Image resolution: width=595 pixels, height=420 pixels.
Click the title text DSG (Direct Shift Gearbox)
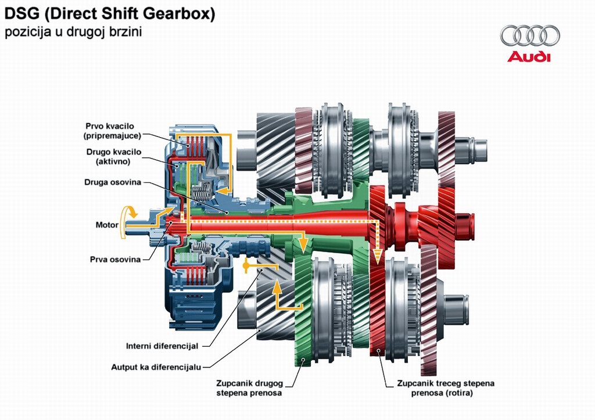coord(110,14)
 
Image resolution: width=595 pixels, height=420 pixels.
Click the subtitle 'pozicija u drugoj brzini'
coord(73,32)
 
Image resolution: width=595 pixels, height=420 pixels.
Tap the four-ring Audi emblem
coord(530,35)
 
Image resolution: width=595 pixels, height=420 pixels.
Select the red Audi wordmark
coord(529,56)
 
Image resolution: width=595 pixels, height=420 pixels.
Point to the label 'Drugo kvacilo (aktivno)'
coord(113,156)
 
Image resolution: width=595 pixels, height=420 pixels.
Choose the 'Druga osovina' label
coord(113,182)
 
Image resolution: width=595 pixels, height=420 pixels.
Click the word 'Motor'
coord(107,225)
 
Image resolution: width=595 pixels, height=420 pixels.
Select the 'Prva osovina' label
coord(115,260)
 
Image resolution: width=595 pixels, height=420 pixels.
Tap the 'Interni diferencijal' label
coord(162,346)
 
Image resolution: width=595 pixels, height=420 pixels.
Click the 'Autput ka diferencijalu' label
coord(156,367)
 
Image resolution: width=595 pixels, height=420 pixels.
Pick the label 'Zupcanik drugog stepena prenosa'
coord(249,388)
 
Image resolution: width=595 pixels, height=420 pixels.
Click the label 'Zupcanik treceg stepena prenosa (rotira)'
coord(446,388)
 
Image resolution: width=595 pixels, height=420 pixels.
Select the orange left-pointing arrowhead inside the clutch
coord(222,190)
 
